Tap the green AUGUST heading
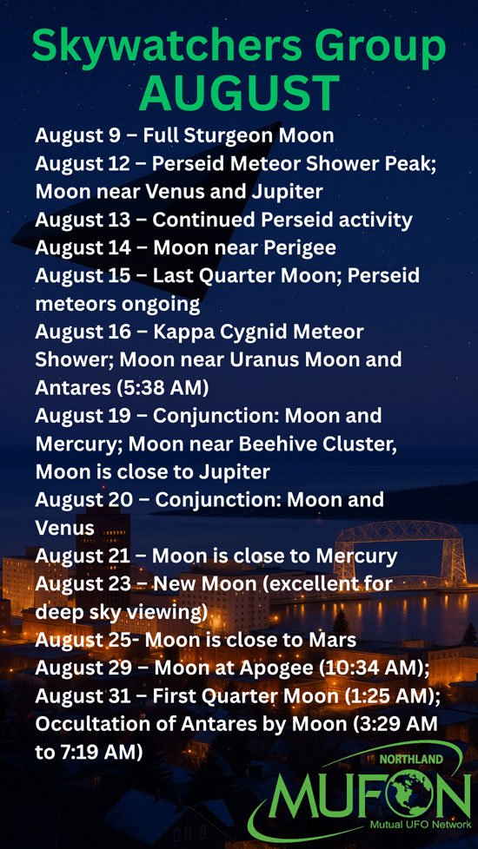[x=239, y=93]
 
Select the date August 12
[x=83, y=164]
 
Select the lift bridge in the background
[x=400, y=553]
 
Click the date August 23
[x=84, y=584]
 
